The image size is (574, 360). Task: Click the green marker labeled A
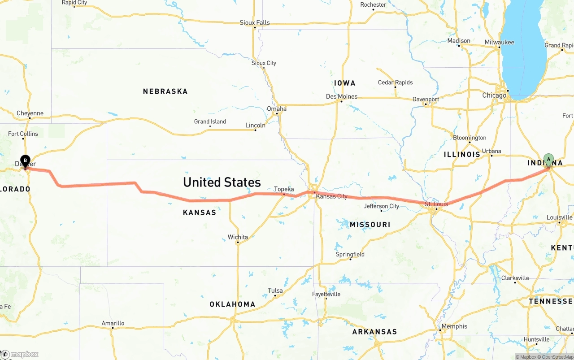[548, 160]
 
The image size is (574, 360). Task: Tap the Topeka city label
[284, 189]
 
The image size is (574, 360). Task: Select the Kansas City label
[331, 196]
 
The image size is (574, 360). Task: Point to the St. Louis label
[436, 204]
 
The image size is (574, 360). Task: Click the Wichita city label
[238, 237]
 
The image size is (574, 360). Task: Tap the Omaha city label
[277, 108]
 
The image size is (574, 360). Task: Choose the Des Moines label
[342, 96]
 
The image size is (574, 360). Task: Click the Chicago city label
[494, 95]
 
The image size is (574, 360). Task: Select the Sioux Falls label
[255, 22]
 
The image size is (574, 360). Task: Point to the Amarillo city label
[113, 323]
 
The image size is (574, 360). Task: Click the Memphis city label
[454, 326]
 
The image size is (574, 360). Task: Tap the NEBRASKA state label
[165, 91]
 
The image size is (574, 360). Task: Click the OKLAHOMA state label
[232, 304]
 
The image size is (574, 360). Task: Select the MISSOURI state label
[370, 225]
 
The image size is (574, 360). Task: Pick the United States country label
[222, 182]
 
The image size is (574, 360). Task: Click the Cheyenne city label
[30, 113]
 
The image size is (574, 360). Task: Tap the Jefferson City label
[382, 206]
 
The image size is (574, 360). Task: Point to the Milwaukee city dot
[499, 48]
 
